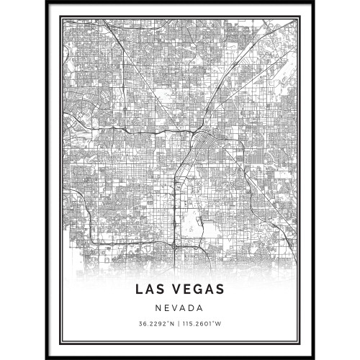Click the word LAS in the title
point(152,289)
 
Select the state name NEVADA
point(179,308)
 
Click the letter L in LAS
point(139,289)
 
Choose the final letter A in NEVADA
point(200,308)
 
